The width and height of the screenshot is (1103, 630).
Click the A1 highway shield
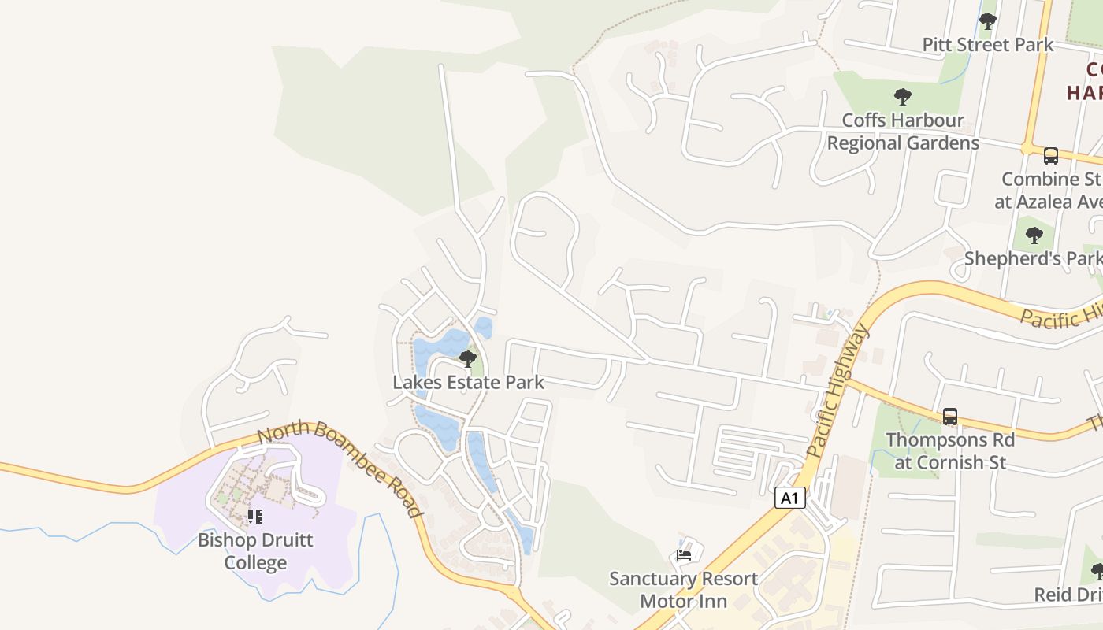[x=790, y=498]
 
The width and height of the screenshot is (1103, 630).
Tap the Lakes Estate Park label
[x=469, y=383]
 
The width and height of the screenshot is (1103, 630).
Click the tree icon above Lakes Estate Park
[x=468, y=360]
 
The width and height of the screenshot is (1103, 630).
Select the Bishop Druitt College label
[x=255, y=551]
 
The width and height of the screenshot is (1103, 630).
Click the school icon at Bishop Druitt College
[x=254, y=517]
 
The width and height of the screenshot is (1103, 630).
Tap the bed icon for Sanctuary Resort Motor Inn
[x=684, y=555]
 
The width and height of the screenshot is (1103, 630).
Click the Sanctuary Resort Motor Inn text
[x=683, y=590]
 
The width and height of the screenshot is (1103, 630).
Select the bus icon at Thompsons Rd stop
[x=950, y=416]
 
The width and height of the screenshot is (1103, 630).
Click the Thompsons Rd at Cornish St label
[x=950, y=450]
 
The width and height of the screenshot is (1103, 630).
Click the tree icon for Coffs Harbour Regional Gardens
[x=903, y=98]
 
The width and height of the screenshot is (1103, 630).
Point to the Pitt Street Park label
[x=987, y=45]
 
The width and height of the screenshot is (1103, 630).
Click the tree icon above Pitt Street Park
[x=987, y=21]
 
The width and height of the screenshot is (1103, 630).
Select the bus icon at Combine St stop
[x=1050, y=156]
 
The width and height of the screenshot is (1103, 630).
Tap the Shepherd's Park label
[x=1032, y=258]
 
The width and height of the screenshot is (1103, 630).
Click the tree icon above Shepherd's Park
[x=1034, y=235]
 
